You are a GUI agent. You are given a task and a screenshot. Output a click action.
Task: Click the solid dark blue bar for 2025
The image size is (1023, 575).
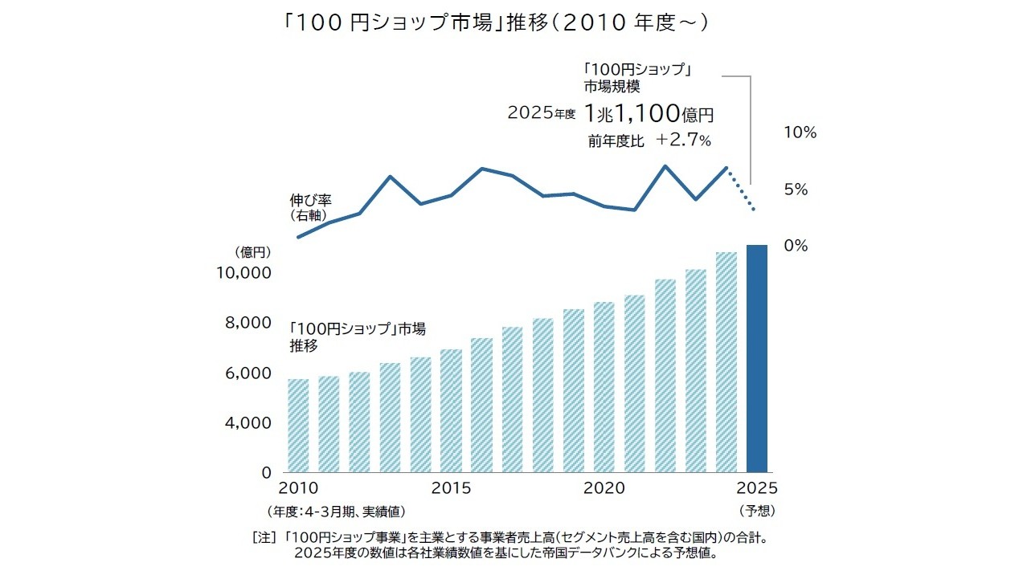tap(757, 359)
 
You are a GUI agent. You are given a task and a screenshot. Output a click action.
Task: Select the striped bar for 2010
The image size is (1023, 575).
tap(298, 426)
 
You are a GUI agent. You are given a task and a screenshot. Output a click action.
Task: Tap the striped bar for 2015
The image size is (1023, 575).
tap(451, 410)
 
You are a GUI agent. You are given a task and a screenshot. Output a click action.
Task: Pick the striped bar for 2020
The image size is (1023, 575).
tap(604, 387)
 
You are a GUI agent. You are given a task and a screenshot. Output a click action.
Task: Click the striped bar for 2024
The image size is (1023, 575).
tap(726, 362)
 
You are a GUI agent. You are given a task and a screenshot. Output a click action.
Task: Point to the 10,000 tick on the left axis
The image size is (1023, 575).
tap(243, 273)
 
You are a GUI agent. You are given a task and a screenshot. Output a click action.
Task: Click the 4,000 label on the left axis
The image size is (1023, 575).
tap(243, 423)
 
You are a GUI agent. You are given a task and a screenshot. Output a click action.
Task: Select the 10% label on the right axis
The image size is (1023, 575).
tap(800, 133)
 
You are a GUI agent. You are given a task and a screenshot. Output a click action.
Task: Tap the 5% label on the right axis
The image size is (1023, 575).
tap(796, 190)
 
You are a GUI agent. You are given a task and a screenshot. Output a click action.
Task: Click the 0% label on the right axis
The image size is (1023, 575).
tap(796, 246)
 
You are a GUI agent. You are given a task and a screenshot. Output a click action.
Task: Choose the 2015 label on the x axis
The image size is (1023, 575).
tap(451, 488)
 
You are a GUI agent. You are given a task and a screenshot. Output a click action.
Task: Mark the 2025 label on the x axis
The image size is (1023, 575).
tap(757, 488)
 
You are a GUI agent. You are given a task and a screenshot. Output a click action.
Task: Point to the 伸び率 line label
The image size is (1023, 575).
tap(311, 199)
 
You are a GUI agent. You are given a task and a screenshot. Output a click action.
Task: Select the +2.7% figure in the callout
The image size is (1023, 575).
tap(683, 141)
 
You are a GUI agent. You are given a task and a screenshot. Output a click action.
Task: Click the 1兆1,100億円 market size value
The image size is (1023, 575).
tap(649, 114)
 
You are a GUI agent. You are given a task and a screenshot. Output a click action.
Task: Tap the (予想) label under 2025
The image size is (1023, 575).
tap(757, 510)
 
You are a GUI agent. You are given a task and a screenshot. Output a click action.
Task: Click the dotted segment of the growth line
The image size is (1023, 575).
tap(741, 190)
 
